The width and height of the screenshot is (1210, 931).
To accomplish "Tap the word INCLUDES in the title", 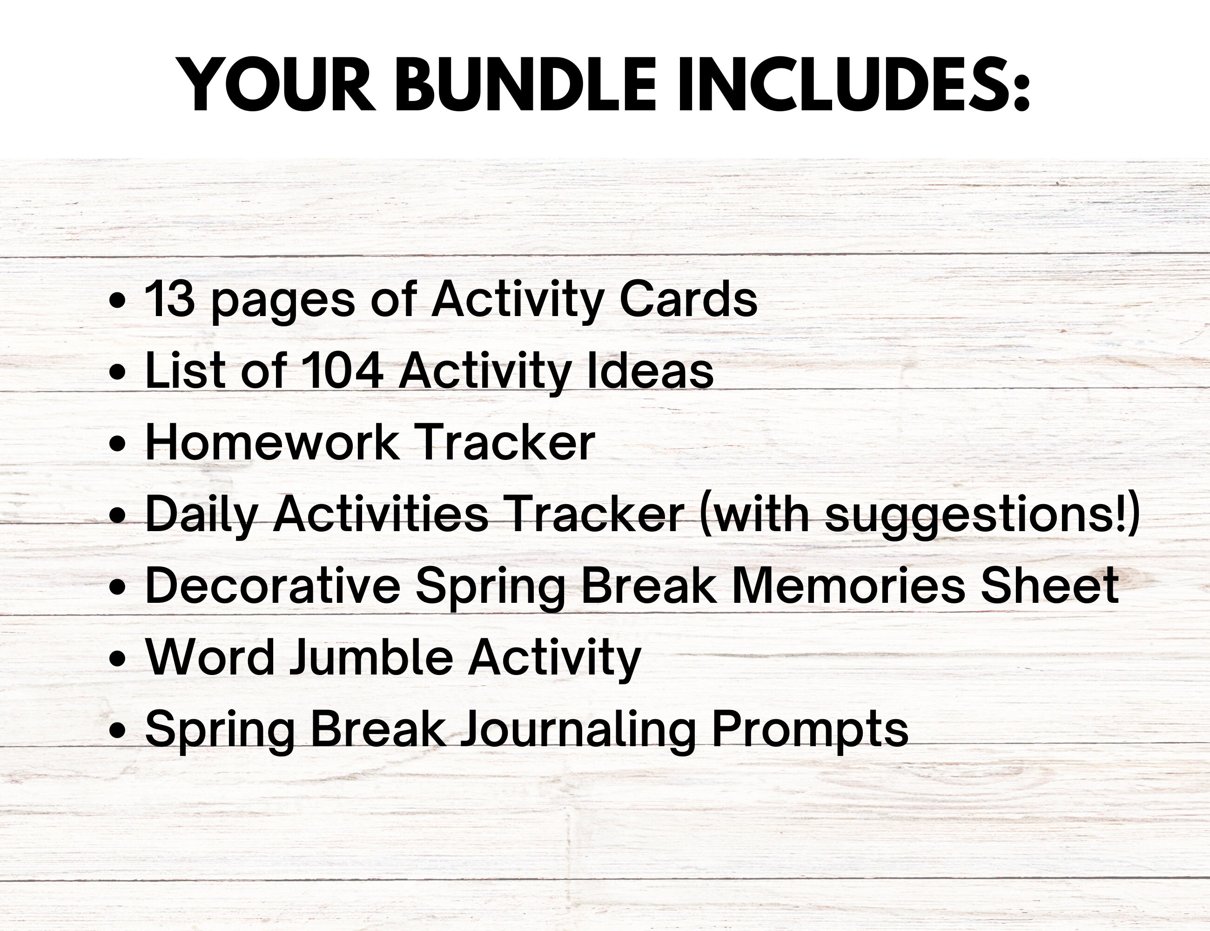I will (x=853, y=86).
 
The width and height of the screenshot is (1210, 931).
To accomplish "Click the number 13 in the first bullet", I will (x=169, y=299).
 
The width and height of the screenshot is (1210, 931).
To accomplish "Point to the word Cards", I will (x=688, y=299).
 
